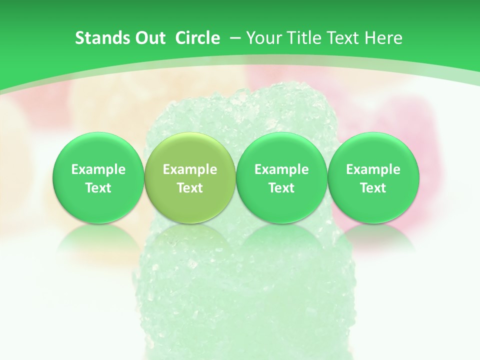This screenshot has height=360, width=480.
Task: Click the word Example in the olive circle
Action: click(190, 169)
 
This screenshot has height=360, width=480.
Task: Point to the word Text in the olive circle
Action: click(190, 188)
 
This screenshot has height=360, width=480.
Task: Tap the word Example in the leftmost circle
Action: click(98, 169)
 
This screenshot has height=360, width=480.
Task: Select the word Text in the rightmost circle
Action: click(373, 188)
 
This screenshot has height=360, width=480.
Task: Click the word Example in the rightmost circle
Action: click(373, 169)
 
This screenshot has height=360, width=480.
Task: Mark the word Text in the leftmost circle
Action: click(98, 188)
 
